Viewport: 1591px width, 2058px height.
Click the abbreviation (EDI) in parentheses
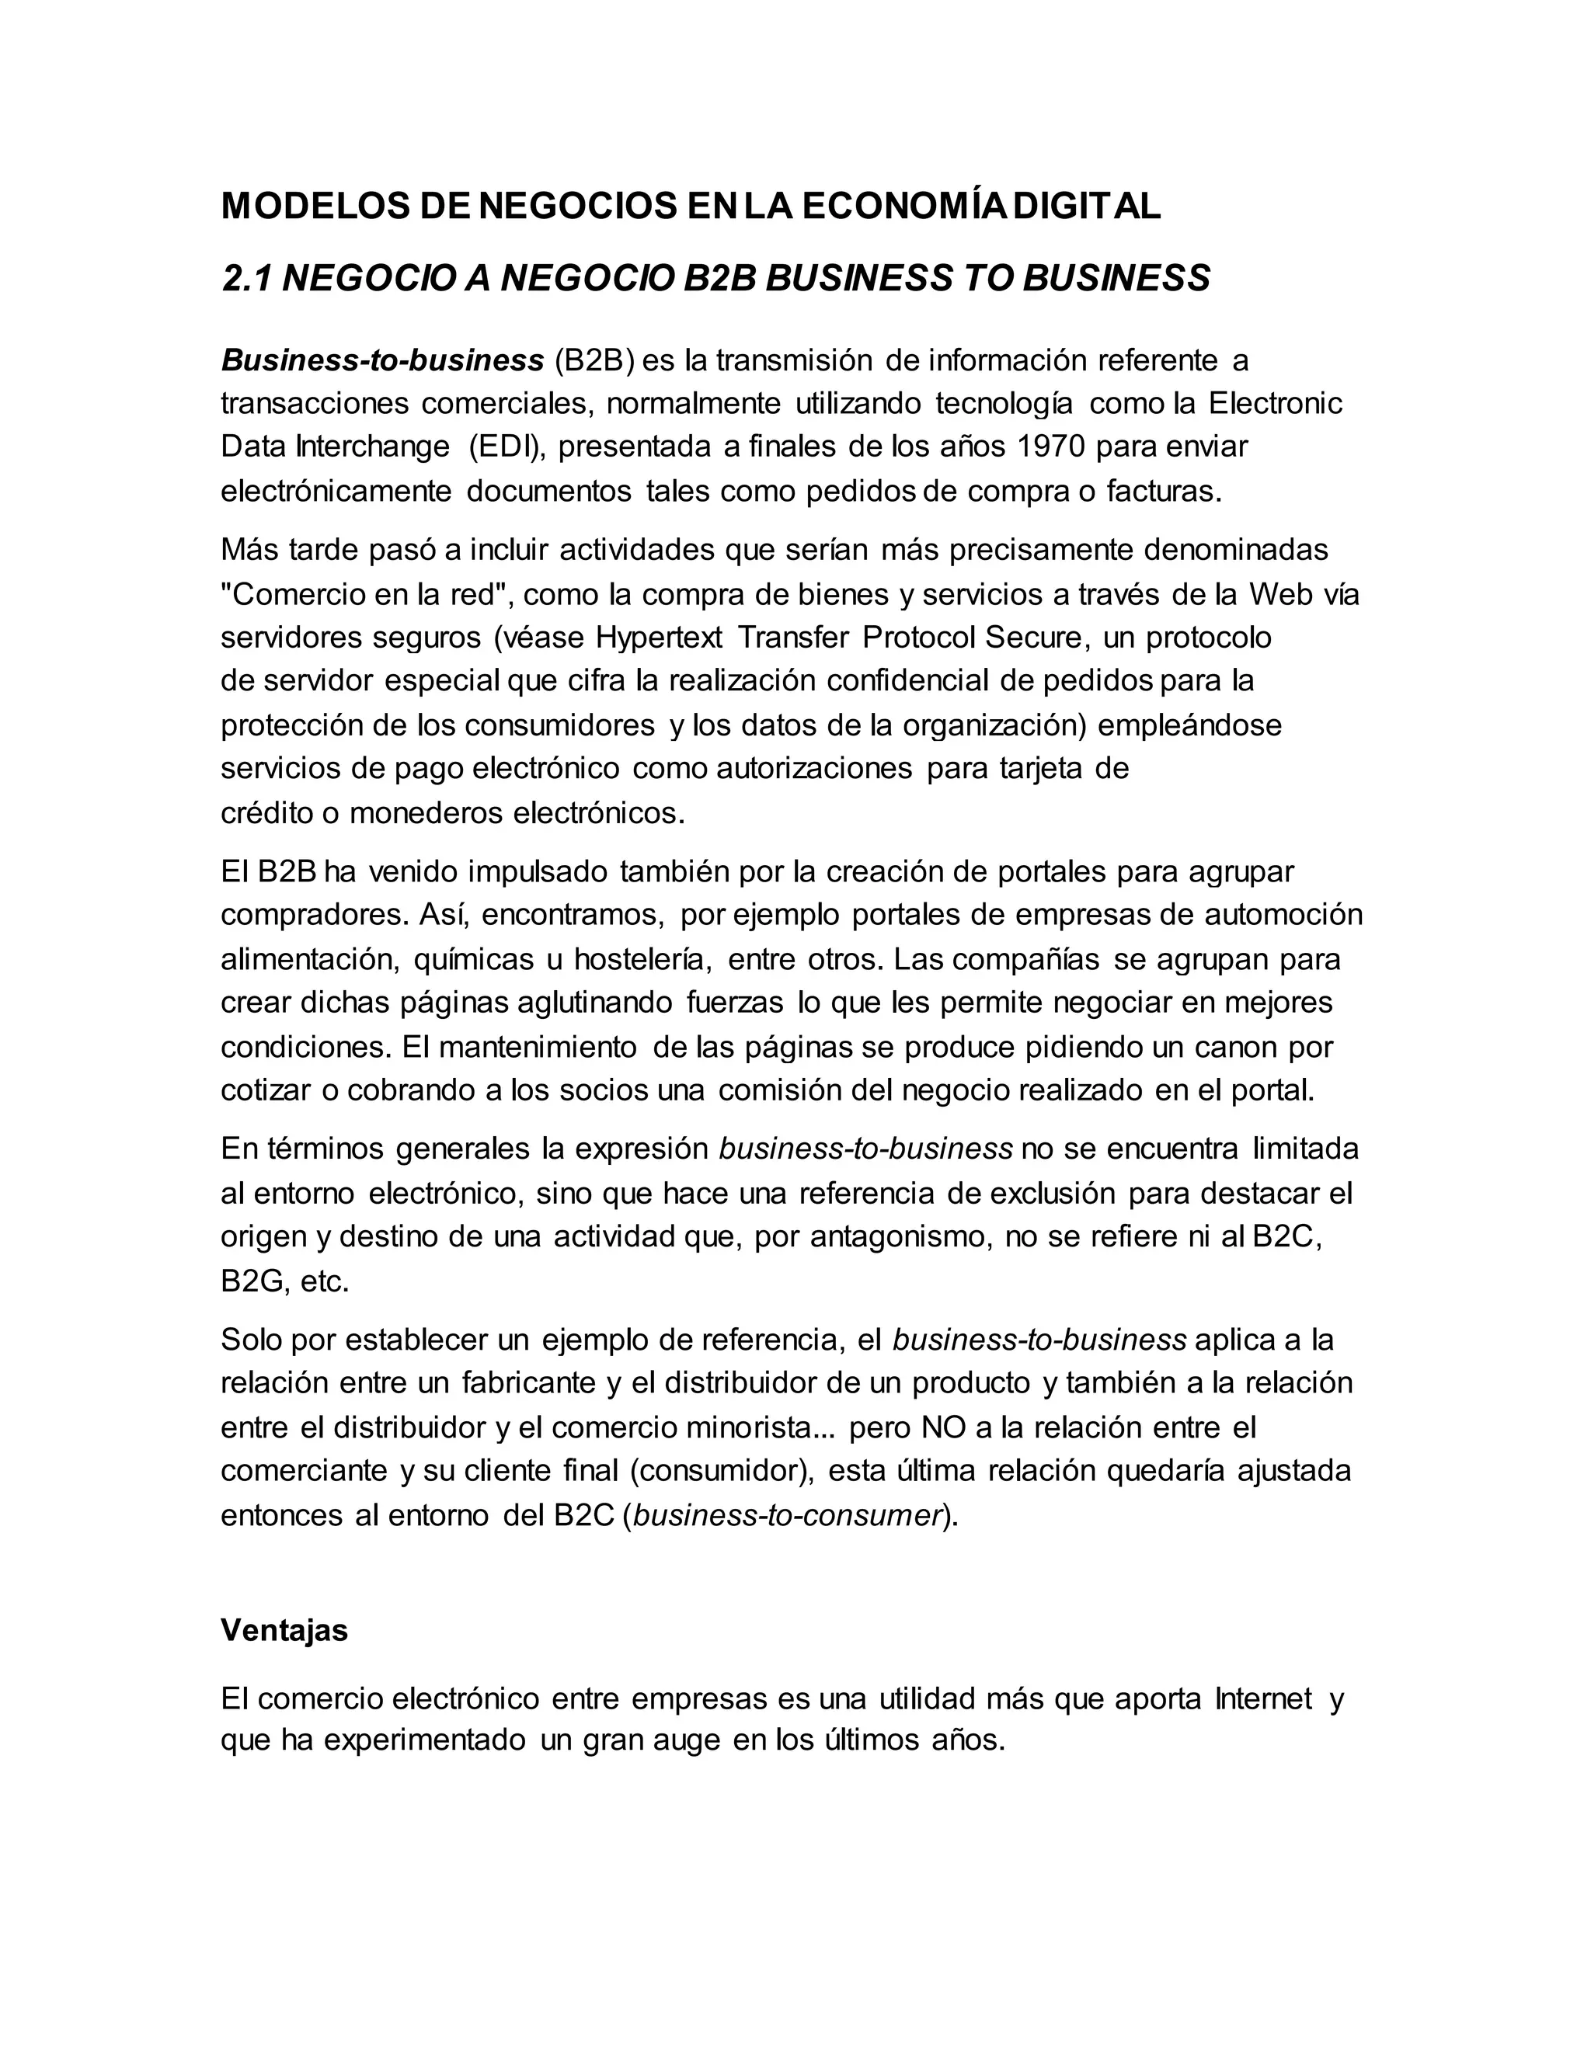click(x=507, y=447)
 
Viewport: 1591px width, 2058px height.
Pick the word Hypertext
click(x=659, y=638)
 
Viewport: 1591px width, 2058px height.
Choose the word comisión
click(x=779, y=1090)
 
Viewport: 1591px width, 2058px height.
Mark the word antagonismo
click(x=900, y=1236)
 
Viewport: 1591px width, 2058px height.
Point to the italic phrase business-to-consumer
click(x=788, y=1515)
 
